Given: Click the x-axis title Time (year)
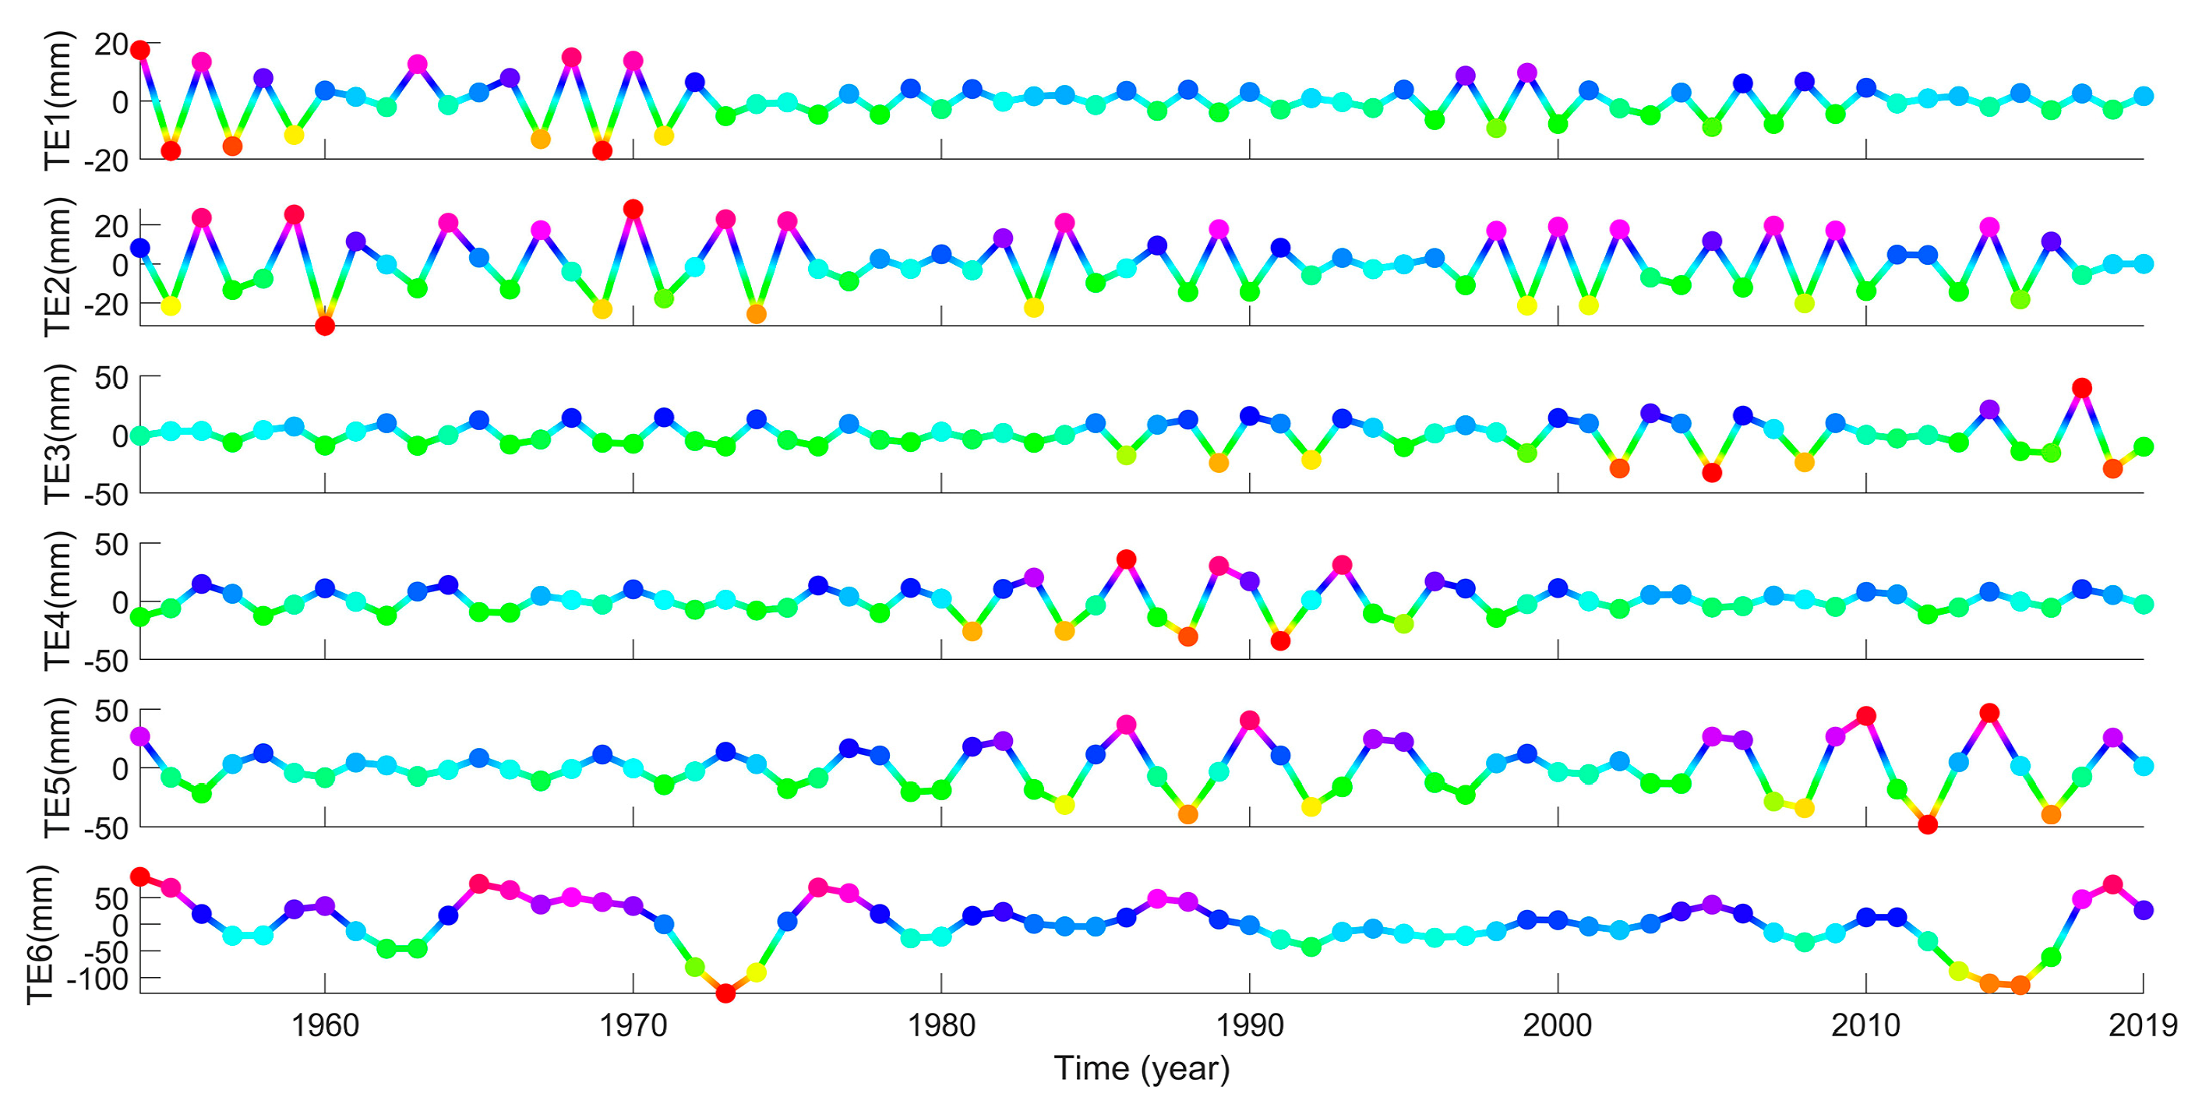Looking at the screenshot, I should point(1142,1068).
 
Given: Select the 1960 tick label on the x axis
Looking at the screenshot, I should point(324,1025).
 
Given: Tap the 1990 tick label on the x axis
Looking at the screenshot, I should point(1248,1025).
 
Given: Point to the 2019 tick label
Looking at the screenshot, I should point(2142,1025).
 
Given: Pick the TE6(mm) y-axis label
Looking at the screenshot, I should point(41,934).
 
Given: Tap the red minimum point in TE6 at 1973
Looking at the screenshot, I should point(725,993).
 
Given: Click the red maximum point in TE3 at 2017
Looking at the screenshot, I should point(2082,388).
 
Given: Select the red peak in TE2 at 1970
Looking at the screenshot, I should point(633,209).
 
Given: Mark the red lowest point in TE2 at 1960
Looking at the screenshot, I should point(324,326).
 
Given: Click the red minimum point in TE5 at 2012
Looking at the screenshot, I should point(1928,824).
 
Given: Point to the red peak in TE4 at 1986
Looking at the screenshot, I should point(1126,559).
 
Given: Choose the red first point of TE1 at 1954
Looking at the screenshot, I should point(140,50).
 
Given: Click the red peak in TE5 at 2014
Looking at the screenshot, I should point(1989,712).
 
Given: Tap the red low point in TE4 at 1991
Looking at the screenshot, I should point(1281,641).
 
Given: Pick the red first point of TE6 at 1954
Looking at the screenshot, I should point(140,877).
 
